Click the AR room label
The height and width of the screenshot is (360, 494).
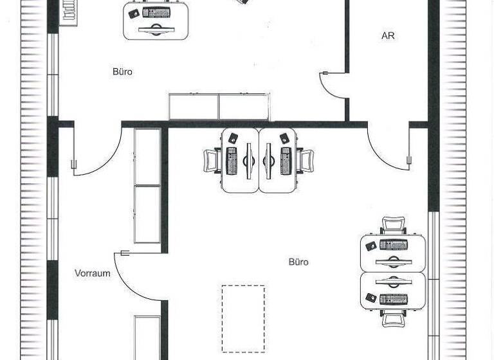[388, 36]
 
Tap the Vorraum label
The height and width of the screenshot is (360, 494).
[92, 273]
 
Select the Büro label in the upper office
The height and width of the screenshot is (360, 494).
[122, 72]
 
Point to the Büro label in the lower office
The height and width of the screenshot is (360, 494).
[298, 262]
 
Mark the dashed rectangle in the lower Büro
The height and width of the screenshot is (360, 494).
[243, 318]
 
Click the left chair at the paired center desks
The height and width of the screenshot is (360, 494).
[212, 161]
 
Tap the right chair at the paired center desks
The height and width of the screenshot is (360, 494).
[306, 161]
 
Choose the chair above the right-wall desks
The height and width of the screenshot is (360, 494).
[392, 226]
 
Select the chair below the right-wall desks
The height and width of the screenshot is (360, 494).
[392, 318]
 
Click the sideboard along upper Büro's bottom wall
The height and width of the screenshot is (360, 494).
[219, 106]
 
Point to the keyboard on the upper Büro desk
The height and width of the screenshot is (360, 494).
[156, 13]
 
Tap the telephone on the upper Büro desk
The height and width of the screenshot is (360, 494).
[134, 13]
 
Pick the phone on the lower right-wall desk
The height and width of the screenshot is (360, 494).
[370, 298]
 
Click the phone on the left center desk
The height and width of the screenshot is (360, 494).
[232, 138]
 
